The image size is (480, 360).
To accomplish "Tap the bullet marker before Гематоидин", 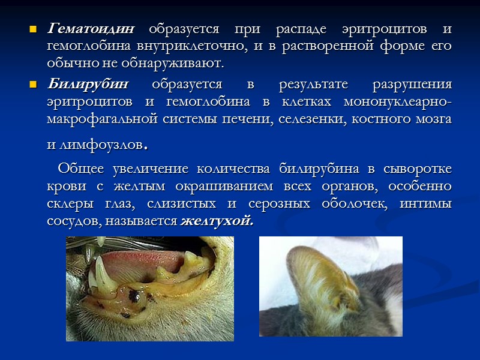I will pyautogui.click(x=33, y=29).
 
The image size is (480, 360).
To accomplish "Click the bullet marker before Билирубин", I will pyautogui.click(x=33, y=83).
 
